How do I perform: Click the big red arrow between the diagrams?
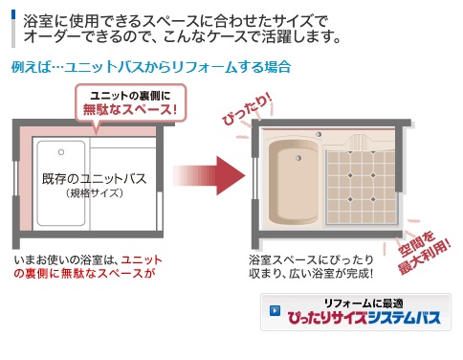[210, 175]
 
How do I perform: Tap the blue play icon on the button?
[275, 311]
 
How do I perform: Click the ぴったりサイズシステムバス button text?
[364, 318]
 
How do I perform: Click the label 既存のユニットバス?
[95, 179]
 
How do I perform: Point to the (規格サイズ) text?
[95, 193]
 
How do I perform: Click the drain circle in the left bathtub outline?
[61, 152]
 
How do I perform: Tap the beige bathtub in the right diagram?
[294, 182]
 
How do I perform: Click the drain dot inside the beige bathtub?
[298, 158]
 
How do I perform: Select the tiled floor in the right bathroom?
[362, 187]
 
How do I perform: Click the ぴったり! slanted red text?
[248, 109]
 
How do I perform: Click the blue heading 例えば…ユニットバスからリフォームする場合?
[151, 67]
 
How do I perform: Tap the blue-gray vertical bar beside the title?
[13, 29]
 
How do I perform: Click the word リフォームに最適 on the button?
[364, 303]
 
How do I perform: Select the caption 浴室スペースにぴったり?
[311, 259]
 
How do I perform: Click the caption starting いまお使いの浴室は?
[88, 267]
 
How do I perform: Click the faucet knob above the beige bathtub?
[319, 134]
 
